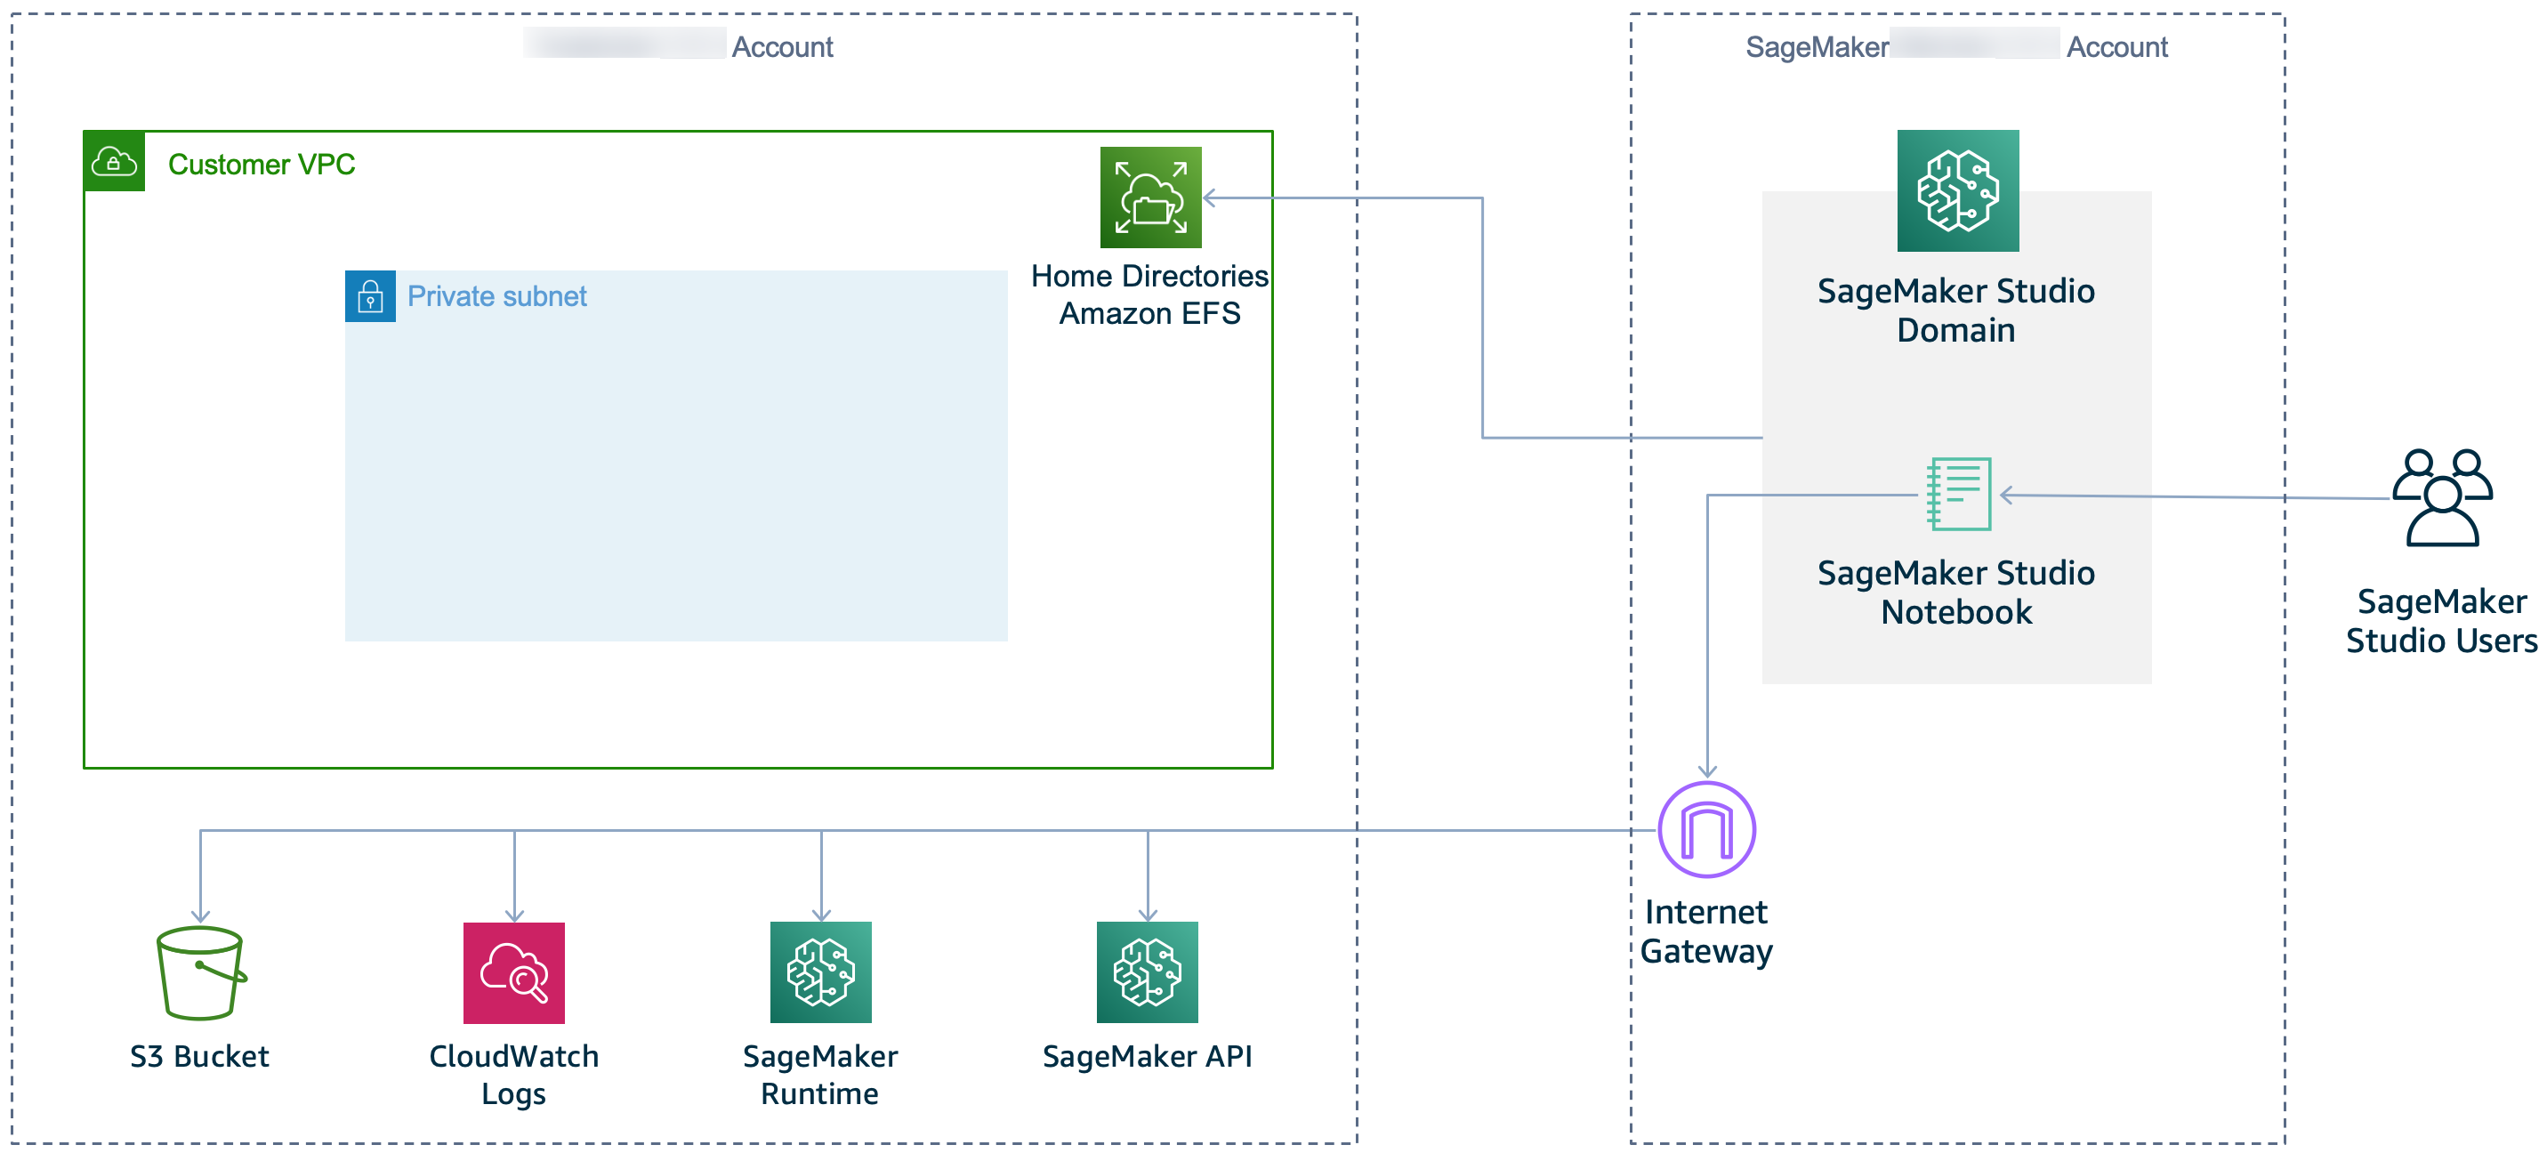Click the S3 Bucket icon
[201, 973]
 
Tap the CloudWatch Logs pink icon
[514, 973]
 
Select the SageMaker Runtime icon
[820, 972]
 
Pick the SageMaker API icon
[1147, 972]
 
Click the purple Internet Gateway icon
[1706, 830]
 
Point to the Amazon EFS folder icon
[1151, 198]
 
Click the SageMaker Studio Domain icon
[1958, 191]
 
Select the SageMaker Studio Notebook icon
[1959, 494]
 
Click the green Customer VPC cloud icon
[115, 161]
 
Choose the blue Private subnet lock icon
[371, 296]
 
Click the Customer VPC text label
[261, 165]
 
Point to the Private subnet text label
[496, 296]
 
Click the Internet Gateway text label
[1706, 931]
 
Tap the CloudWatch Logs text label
[514, 1075]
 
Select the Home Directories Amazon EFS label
[1150, 294]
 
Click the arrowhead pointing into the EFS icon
[1209, 198]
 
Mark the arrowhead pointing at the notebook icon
[2006, 495]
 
